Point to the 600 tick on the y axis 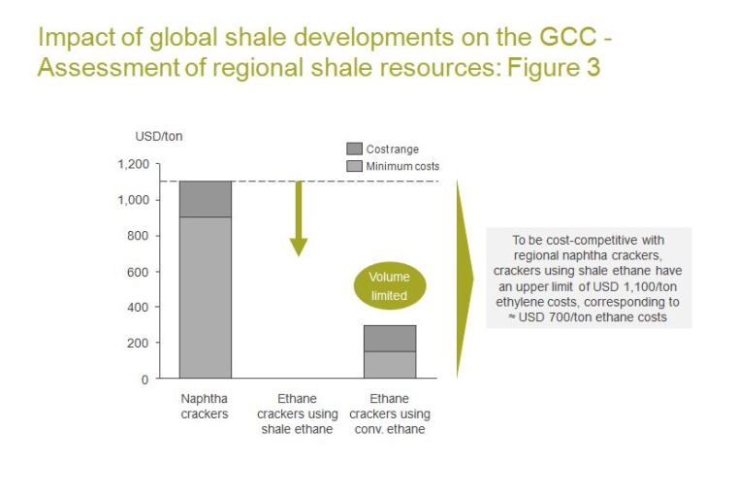click(x=138, y=272)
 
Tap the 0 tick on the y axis click(x=144, y=380)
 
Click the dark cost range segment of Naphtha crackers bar click(x=205, y=199)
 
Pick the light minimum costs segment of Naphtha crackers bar click(x=205, y=297)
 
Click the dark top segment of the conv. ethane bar click(x=389, y=338)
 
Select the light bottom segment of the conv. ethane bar click(x=389, y=364)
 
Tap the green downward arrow click(x=298, y=219)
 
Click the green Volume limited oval click(x=389, y=285)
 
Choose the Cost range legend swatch click(x=354, y=149)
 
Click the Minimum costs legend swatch click(x=354, y=166)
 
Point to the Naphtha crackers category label click(x=205, y=406)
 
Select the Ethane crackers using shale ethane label click(x=297, y=414)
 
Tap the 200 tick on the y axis click(x=138, y=344)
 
